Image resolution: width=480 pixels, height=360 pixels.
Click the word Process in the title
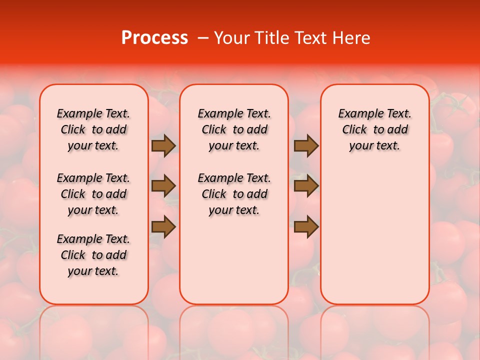[154, 38]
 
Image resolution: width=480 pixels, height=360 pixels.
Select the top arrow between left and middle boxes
[163, 145]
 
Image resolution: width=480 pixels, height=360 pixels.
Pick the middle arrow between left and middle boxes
[163, 186]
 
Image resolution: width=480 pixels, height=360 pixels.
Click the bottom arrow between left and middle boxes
[163, 227]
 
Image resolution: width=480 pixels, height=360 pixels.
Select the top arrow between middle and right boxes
[306, 145]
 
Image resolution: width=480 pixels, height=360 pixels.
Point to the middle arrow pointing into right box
[306, 186]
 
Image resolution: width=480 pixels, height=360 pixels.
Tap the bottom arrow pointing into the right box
[306, 227]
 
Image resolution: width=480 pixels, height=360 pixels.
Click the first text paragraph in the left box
[93, 129]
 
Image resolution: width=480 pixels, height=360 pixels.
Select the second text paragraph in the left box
[93, 194]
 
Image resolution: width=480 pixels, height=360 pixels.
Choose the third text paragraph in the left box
[93, 255]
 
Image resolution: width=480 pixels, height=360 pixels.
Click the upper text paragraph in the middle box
[234, 129]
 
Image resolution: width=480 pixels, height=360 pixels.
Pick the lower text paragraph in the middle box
[234, 194]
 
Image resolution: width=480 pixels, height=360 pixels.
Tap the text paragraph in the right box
[375, 129]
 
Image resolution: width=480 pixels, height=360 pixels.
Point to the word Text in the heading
[313, 38]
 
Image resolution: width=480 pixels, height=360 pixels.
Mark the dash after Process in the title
[203, 38]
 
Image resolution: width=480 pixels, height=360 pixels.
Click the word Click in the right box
[354, 130]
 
